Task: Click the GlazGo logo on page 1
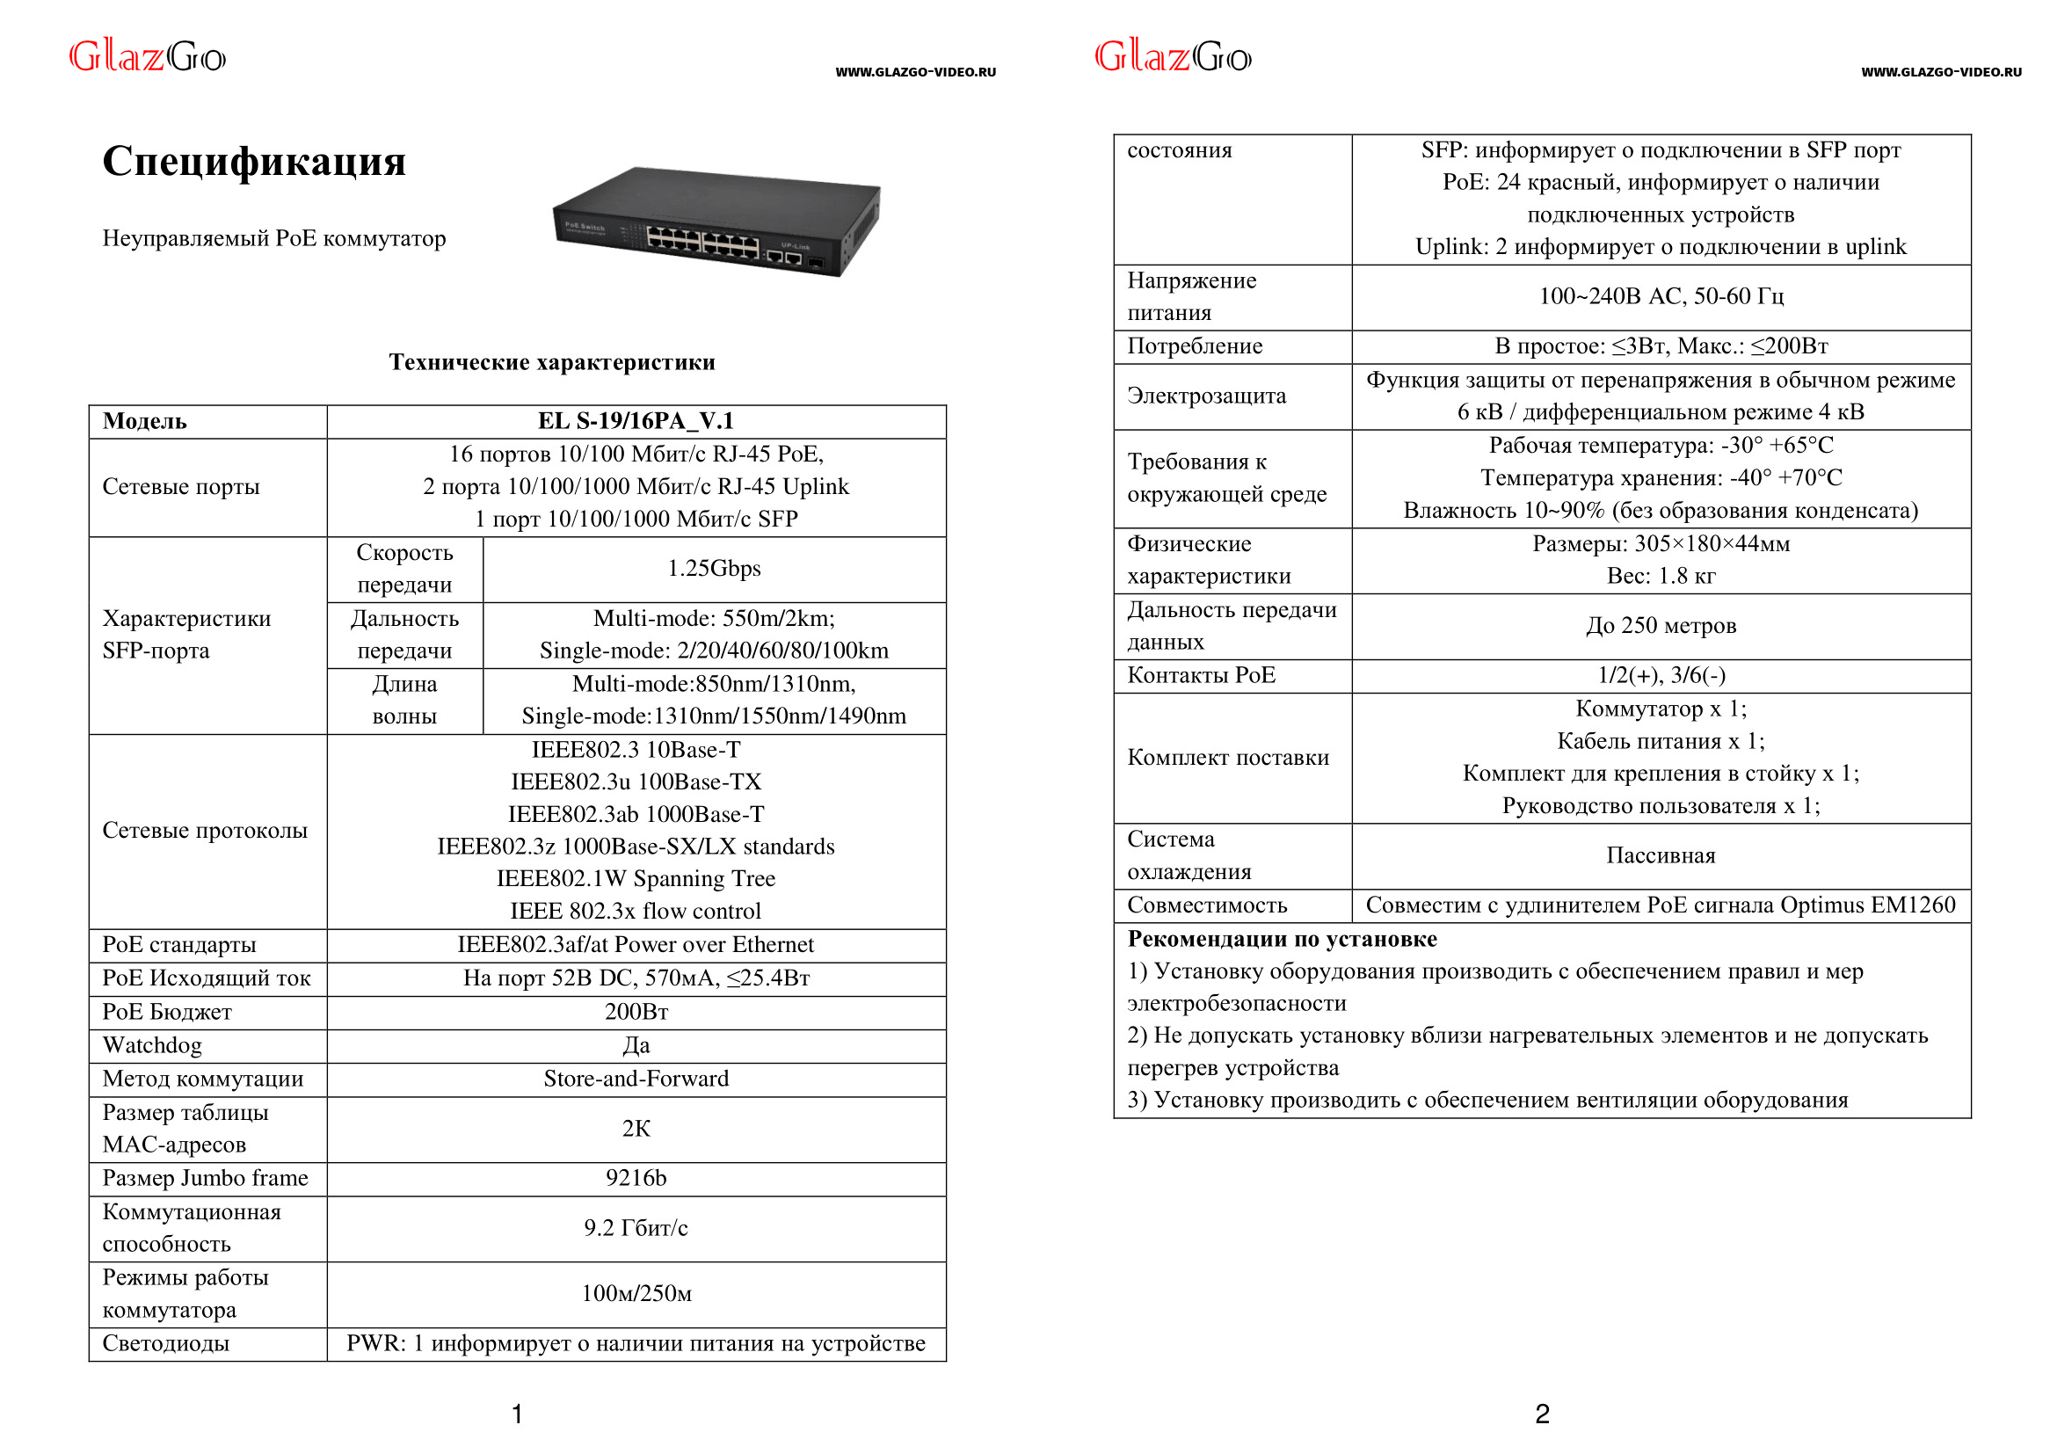pos(148,57)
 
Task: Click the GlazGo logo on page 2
pos(1173,57)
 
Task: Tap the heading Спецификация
pos(254,161)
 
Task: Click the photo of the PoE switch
pos(716,222)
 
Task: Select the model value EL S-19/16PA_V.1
pos(636,421)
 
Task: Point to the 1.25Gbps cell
pos(714,569)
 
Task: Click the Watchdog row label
pos(152,1045)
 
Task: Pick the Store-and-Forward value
pos(636,1078)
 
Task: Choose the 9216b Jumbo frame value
pos(636,1177)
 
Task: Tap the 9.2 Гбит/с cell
pos(636,1227)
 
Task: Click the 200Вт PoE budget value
pos(636,1012)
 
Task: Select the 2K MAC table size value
pos(636,1128)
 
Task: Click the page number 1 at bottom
pos(517,1414)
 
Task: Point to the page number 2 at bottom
pos(1542,1414)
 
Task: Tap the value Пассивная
pos(1661,855)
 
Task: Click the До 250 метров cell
pos(1661,625)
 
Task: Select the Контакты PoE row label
pos(1201,675)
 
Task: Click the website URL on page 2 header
pos(1941,72)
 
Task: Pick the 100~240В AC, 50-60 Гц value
pos(1661,296)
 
